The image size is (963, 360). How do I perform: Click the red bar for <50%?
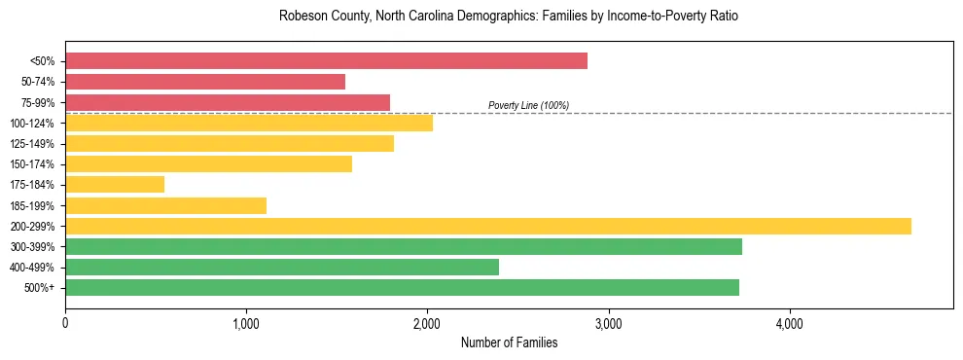point(326,60)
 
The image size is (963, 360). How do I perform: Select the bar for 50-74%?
point(205,82)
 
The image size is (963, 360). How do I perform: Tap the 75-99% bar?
point(228,102)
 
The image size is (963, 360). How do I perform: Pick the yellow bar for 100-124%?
point(249,123)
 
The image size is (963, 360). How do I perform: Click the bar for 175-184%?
point(115,184)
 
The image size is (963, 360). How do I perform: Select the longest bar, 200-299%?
point(488,226)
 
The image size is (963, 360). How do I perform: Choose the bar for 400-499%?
point(282,267)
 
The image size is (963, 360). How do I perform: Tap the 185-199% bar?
point(165,205)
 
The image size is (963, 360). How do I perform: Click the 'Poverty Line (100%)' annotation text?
point(528,105)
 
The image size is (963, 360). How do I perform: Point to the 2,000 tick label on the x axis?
point(427,323)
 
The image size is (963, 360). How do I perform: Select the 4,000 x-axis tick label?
point(789,323)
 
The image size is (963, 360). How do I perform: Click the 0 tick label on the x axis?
point(65,323)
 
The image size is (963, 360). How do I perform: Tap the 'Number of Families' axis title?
point(509,342)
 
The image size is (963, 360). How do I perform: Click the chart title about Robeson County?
point(509,17)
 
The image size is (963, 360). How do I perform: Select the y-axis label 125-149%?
point(32,144)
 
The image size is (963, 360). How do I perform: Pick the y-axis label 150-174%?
point(32,164)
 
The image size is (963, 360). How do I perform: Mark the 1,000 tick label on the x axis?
point(246,323)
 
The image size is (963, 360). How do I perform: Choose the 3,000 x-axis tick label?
point(608,323)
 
